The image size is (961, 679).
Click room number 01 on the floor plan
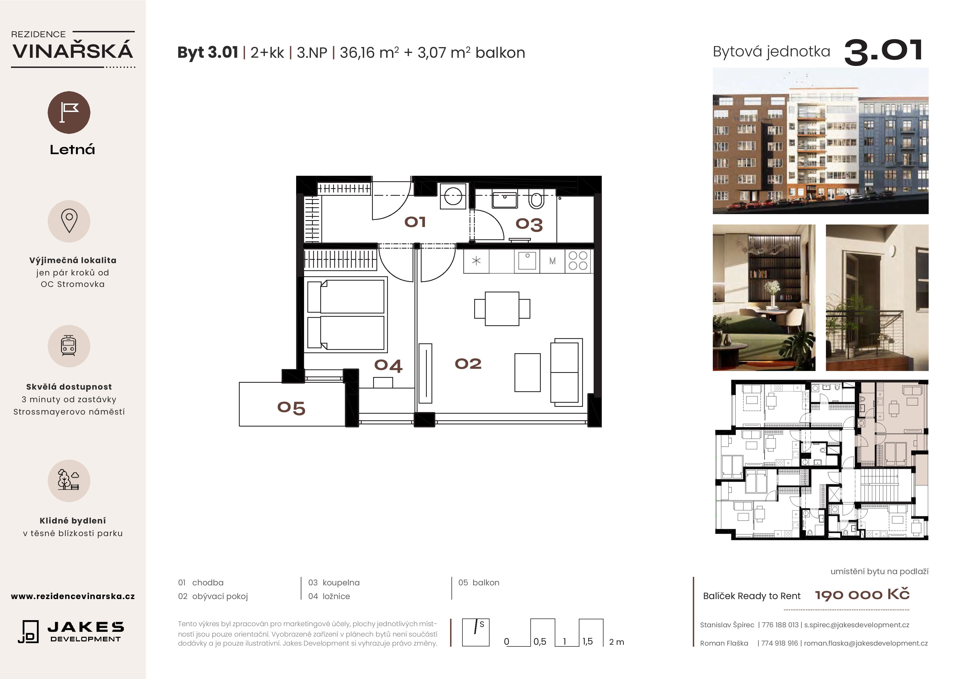pyautogui.click(x=415, y=222)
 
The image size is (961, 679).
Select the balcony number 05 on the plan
pyautogui.click(x=291, y=408)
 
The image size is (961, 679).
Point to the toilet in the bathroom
pyautogui.click(x=536, y=200)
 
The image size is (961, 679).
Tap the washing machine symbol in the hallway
pyautogui.click(x=453, y=196)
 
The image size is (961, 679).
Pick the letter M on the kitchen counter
pyautogui.click(x=553, y=261)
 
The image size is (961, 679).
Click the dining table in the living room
pyautogui.click(x=502, y=309)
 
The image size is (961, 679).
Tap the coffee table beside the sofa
pyautogui.click(x=527, y=372)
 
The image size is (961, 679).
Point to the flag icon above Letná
pyautogui.click(x=69, y=113)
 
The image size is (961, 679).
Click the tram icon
pyautogui.click(x=69, y=346)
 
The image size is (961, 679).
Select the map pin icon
pyautogui.click(x=69, y=221)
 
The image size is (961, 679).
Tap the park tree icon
pyautogui.click(x=69, y=480)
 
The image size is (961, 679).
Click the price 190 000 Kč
pyautogui.click(x=862, y=594)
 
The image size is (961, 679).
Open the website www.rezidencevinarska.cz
pyautogui.click(x=73, y=596)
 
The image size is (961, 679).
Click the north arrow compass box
pyautogui.click(x=476, y=632)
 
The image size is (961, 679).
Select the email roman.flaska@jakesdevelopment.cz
pyautogui.click(x=866, y=643)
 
